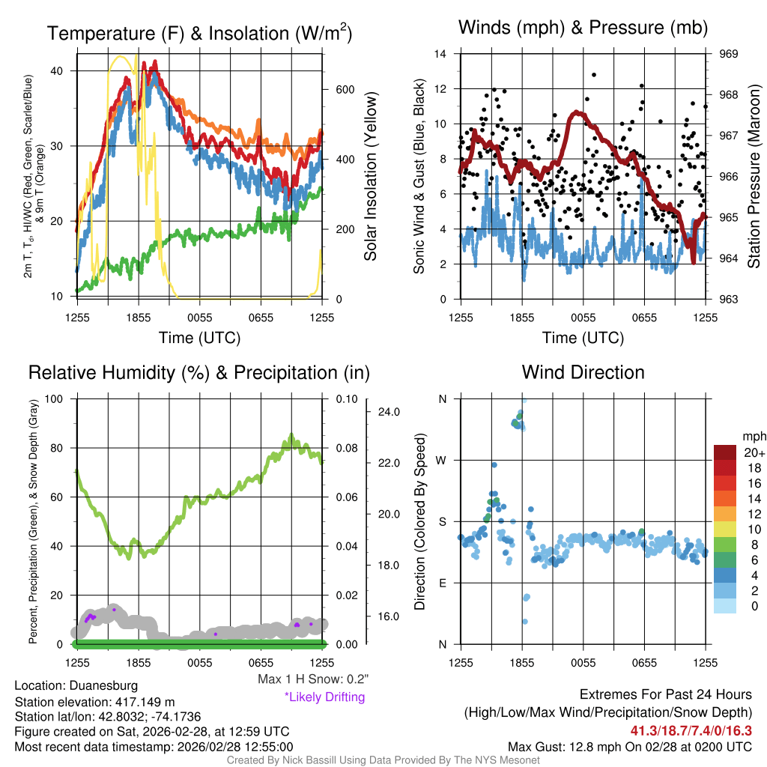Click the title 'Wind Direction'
coord(583,372)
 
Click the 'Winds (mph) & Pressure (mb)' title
coord(583,28)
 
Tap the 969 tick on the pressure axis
coord(729,54)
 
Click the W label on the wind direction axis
coord(443,461)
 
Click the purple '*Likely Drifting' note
coord(324,697)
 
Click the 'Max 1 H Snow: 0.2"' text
coord(313,679)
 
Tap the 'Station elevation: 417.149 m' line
coord(94,702)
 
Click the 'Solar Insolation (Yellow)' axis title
coord(371,177)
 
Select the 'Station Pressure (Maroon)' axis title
coord(754,177)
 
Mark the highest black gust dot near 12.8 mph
coord(594,75)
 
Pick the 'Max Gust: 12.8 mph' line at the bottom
coord(629,747)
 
